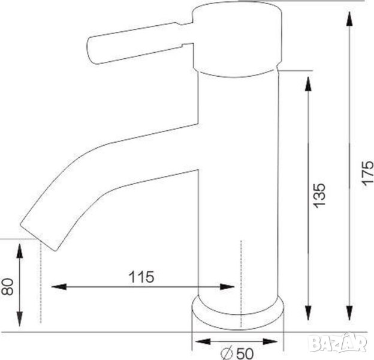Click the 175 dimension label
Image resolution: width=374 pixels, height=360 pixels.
point(367,172)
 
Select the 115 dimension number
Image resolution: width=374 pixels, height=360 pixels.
point(141,277)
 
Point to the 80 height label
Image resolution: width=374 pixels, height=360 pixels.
point(7,287)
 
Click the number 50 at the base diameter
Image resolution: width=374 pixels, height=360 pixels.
point(245,353)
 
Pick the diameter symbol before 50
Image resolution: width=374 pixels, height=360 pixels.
point(227,353)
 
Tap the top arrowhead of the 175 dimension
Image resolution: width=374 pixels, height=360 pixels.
point(349,19)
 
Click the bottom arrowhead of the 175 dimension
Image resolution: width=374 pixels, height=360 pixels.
point(349,313)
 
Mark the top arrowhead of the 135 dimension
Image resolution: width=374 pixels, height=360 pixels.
point(308,83)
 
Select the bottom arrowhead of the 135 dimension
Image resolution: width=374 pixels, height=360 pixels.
point(308,313)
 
